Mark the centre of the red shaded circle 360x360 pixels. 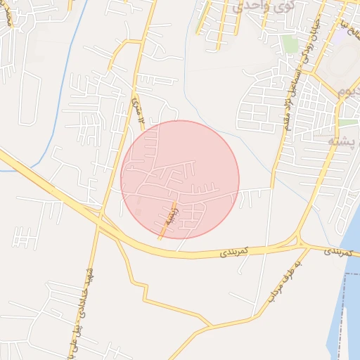coord(180,179)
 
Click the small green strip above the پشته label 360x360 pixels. coord(347,122)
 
